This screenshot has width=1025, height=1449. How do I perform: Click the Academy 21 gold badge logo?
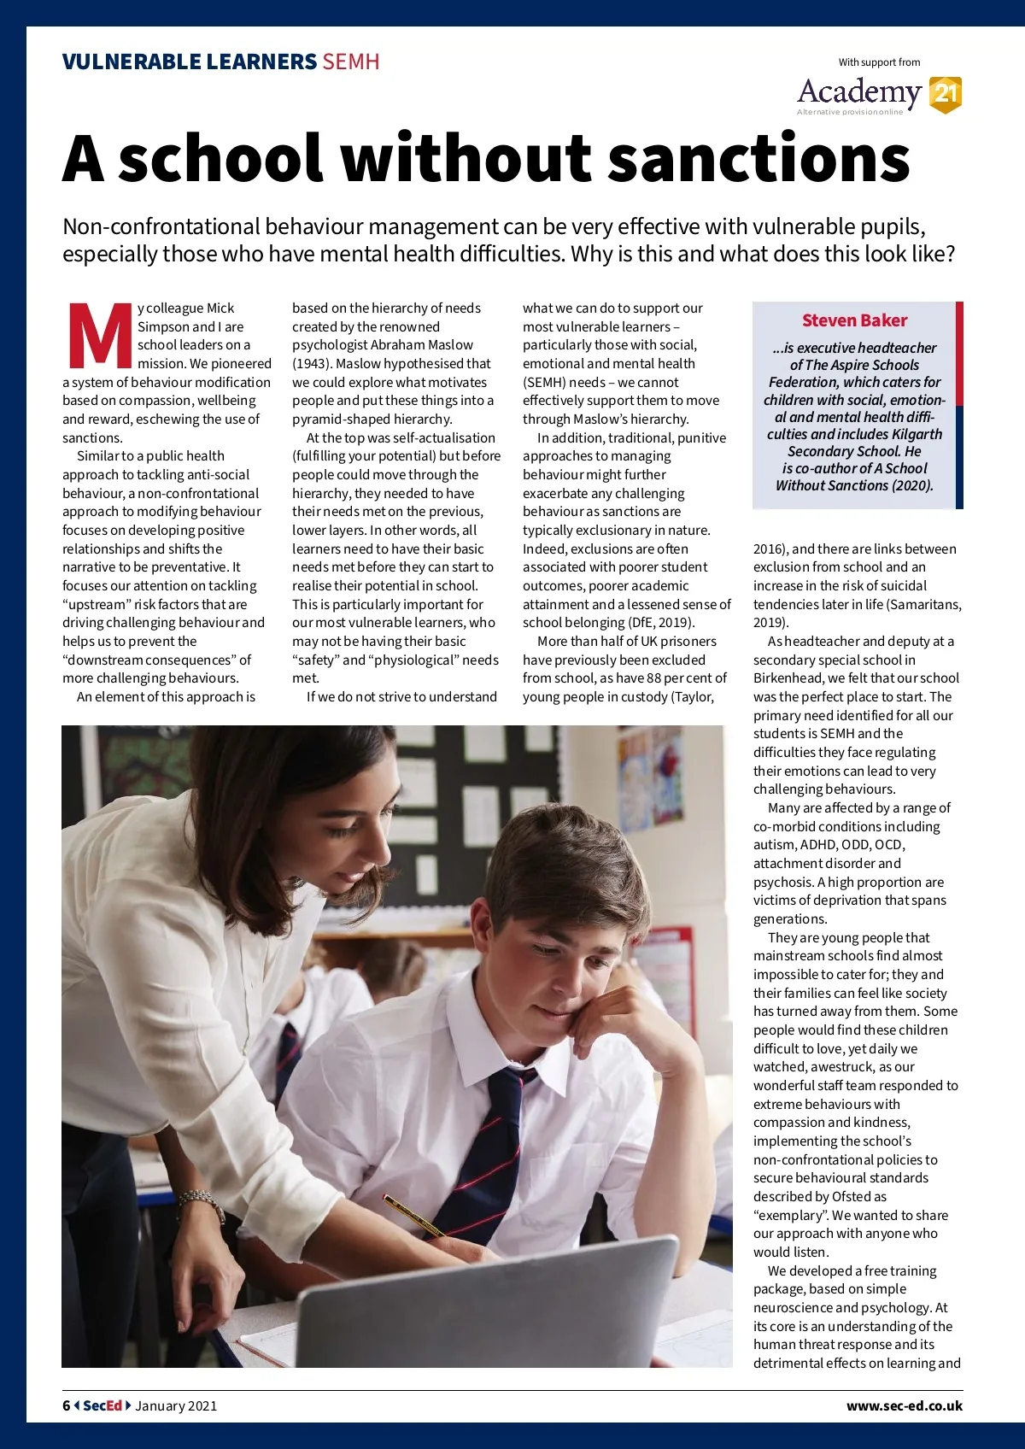(945, 94)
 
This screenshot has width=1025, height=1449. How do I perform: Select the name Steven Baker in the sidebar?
(854, 320)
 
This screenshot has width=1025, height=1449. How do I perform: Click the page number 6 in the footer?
(67, 1405)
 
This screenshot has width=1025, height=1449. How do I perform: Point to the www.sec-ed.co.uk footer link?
(904, 1405)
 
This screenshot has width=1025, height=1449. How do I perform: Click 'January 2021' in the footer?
(176, 1405)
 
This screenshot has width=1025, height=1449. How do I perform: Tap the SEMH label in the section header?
(350, 62)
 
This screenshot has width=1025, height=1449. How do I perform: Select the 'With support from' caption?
(879, 62)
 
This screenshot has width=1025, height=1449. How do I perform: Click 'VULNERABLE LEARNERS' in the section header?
(189, 62)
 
